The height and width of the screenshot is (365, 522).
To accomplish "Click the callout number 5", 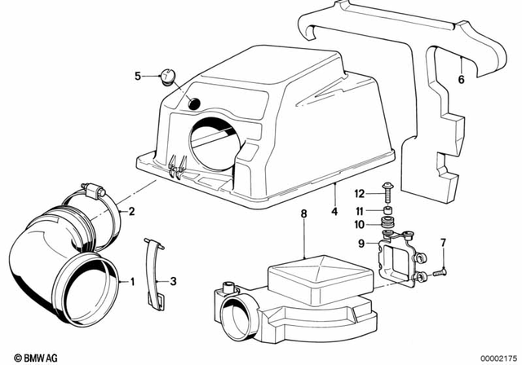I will [138, 77].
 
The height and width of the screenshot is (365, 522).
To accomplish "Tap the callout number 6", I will [461, 80].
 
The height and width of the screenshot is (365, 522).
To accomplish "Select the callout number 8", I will [303, 214].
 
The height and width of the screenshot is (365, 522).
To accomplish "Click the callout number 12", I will [358, 193].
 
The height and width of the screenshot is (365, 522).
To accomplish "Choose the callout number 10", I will [358, 224].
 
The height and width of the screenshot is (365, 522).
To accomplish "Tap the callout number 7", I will [443, 243].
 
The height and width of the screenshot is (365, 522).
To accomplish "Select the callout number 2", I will [131, 212].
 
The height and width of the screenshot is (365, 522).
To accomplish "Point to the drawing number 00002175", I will [495, 356].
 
